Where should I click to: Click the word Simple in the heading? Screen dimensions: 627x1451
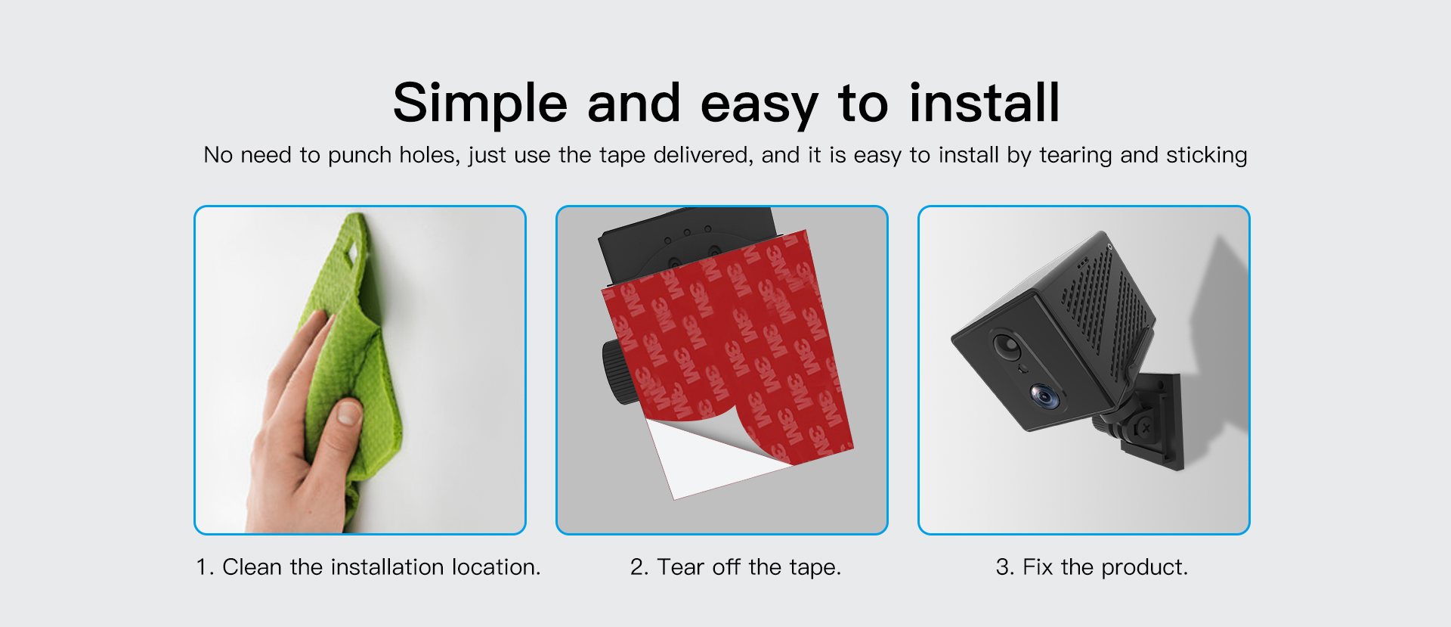479,104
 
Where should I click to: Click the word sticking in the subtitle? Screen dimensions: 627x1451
1206,156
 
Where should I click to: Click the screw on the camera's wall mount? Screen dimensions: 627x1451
1146,429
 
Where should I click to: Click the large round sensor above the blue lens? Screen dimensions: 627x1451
1007,346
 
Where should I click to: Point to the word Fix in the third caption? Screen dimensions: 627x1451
1038,567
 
